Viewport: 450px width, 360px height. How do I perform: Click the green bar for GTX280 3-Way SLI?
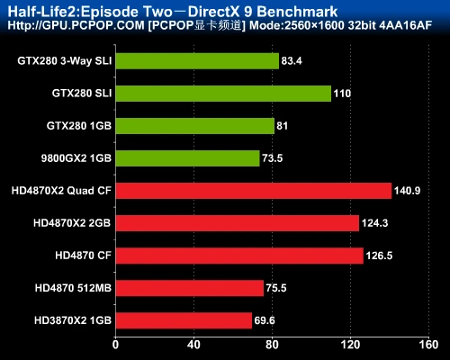pos(196,61)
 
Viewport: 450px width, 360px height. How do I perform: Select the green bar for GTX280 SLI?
pos(222,94)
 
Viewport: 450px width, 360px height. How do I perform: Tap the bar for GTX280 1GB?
pos(194,126)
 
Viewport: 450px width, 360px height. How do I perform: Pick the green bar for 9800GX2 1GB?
pos(186,158)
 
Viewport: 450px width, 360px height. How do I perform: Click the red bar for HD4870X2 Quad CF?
pos(253,191)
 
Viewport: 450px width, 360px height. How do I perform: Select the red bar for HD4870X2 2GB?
pos(237,223)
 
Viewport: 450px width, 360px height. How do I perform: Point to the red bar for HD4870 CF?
pos(238,256)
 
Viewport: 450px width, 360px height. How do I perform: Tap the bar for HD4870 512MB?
pos(189,288)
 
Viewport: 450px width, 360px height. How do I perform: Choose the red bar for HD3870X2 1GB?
pos(183,320)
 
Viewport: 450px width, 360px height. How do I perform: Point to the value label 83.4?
pos(292,61)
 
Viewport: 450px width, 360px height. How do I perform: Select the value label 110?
pos(342,94)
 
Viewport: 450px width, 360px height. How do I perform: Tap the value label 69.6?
pos(266,320)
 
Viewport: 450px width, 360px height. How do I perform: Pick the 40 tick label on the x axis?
pos(193,345)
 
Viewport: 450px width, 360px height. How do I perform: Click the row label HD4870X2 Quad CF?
pos(61,191)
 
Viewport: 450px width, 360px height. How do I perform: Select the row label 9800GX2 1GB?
pos(76,158)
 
